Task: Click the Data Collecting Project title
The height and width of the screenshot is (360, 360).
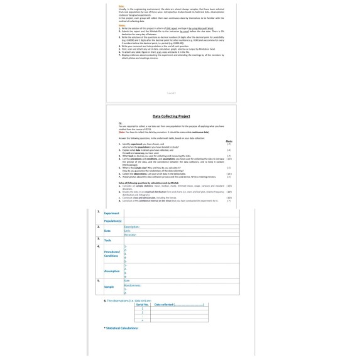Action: point(172,116)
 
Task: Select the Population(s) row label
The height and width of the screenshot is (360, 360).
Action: point(113,221)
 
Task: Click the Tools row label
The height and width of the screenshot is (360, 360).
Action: point(108,241)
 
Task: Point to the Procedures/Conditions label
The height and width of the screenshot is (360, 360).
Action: point(111,254)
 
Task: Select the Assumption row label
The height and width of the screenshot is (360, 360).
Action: point(112,271)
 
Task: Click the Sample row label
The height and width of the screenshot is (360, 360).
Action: point(109,286)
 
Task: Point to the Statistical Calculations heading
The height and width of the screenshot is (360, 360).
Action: point(121,328)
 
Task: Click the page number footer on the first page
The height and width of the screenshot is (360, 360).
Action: point(172,93)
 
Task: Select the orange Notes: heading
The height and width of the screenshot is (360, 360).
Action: point(122,25)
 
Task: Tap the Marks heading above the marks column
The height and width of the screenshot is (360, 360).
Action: point(228,141)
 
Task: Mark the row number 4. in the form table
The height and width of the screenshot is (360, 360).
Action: point(98,246)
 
